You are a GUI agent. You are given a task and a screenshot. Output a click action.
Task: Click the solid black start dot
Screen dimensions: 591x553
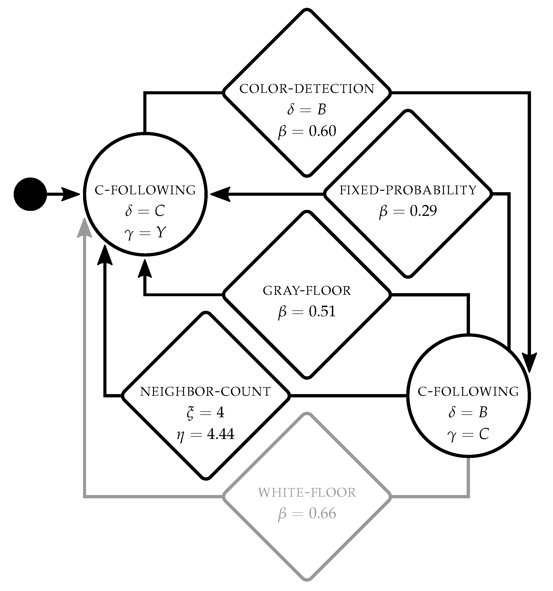click(30, 194)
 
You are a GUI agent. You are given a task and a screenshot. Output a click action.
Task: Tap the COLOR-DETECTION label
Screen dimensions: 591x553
click(307, 89)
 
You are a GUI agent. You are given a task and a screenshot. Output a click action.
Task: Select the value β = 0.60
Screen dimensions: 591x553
click(307, 131)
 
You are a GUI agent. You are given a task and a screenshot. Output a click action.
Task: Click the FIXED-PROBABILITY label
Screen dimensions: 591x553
click(408, 190)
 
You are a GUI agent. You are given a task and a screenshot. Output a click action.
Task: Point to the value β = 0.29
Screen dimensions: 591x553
click(408, 211)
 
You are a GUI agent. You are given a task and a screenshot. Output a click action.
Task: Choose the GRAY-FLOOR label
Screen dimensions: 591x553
click(307, 291)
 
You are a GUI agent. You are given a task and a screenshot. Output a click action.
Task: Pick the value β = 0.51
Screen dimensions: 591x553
click(307, 312)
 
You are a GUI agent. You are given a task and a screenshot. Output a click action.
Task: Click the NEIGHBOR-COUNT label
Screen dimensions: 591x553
click(205, 392)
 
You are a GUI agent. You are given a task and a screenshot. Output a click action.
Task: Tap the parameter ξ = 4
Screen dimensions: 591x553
click(205, 413)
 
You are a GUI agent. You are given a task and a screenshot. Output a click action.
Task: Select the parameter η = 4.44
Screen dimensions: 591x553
click(205, 434)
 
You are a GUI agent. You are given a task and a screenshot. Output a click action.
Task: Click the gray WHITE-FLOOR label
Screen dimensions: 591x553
click(307, 493)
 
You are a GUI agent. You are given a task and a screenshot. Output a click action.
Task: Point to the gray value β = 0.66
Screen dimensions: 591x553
click(307, 514)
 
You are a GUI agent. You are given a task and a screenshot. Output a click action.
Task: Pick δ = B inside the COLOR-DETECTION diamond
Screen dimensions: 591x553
click(307, 110)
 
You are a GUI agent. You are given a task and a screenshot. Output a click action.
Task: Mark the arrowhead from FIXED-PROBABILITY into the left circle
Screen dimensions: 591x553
click(221, 194)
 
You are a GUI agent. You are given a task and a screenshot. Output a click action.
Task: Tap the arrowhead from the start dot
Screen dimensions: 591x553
click(70, 194)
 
